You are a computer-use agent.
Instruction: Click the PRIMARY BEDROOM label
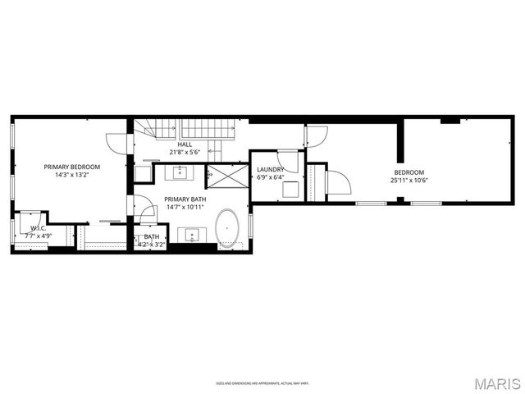tap(71, 167)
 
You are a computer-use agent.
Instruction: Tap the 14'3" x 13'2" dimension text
tap(71, 174)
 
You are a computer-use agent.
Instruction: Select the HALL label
tap(185, 144)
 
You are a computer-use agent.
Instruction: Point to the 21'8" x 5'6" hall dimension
tap(185, 152)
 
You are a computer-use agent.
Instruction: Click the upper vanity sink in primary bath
tap(180, 172)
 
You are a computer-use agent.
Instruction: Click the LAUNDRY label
tap(270, 169)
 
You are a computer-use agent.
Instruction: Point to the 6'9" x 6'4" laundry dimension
tap(270, 176)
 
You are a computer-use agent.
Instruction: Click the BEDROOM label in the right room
tap(409, 172)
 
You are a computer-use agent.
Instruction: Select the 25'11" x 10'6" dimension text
tap(409, 180)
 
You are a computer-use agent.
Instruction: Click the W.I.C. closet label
tap(37, 228)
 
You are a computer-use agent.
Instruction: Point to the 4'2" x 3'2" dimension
tap(152, 244)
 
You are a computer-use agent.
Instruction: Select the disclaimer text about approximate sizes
tap(262, 383)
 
